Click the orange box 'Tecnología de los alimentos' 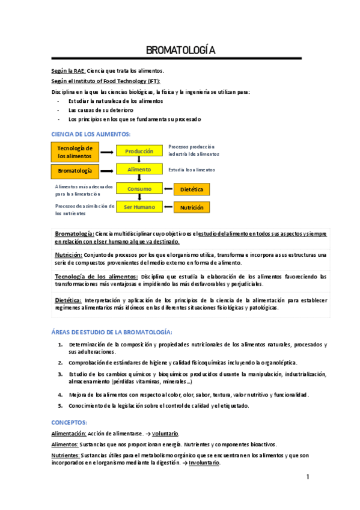tap(75, 152)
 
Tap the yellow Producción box tap(139, 152)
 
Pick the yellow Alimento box tap(139, 170)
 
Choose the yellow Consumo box tap(139, 189)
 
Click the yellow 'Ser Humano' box tap(139, 207)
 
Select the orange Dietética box tap(192, 189)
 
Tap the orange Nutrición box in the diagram tap(192, 207)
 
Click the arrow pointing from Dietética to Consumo tap(168, 189)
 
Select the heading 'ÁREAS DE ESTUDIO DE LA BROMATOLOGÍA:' tap(112, 332)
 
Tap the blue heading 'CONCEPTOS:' tap(69, 423)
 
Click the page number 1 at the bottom tap(308, 477)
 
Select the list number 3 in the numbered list tap(61, 374)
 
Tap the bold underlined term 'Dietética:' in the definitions tap(68, 300)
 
